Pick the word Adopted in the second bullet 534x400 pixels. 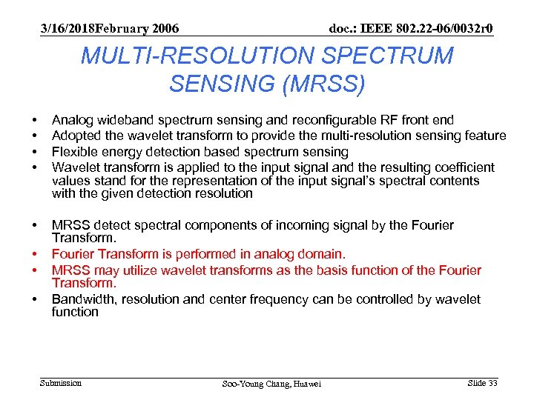(x=75, y=136)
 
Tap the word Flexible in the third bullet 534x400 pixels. (x=75, y=152)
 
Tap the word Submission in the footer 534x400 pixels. (x=61, y=383)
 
